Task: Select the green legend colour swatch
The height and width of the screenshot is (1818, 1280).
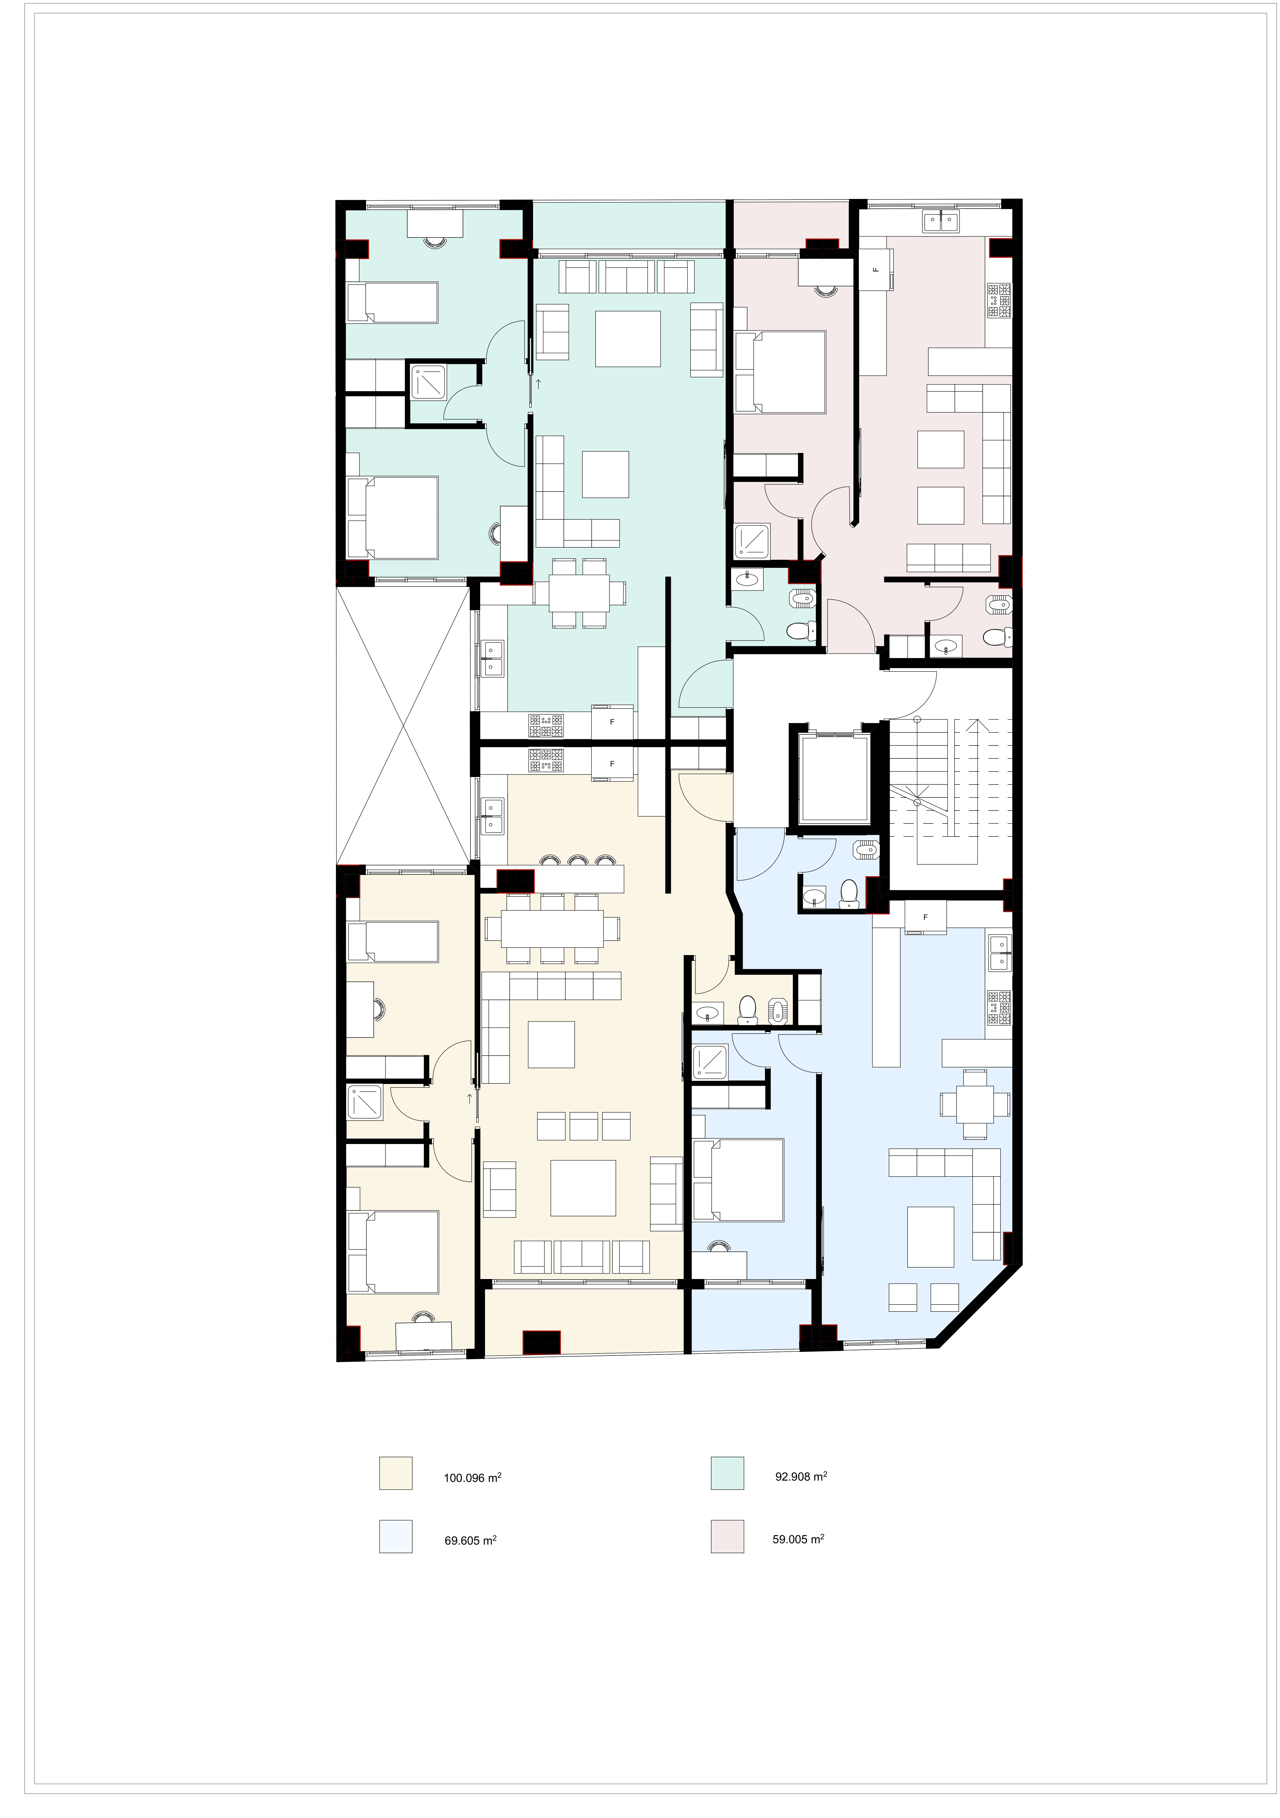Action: coord(727,1473)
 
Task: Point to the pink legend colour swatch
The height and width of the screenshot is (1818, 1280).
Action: coord(727,1536)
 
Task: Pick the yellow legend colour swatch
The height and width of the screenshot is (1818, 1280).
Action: coord(396,1473)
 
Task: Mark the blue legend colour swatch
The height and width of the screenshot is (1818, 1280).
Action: coord(396,1536)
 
